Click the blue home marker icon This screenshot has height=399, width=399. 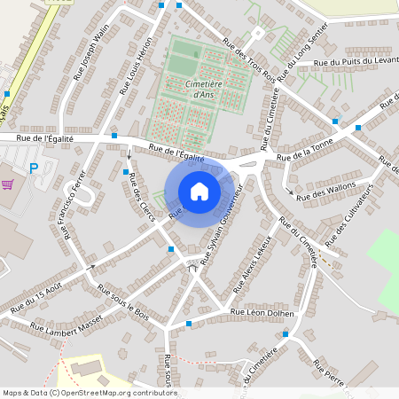click(x=199, y=191)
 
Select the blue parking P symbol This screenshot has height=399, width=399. click(x=35, y=168)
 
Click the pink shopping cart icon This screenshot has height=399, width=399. click(x=9, y=184)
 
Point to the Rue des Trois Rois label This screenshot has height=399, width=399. click(x=249, y=60)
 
